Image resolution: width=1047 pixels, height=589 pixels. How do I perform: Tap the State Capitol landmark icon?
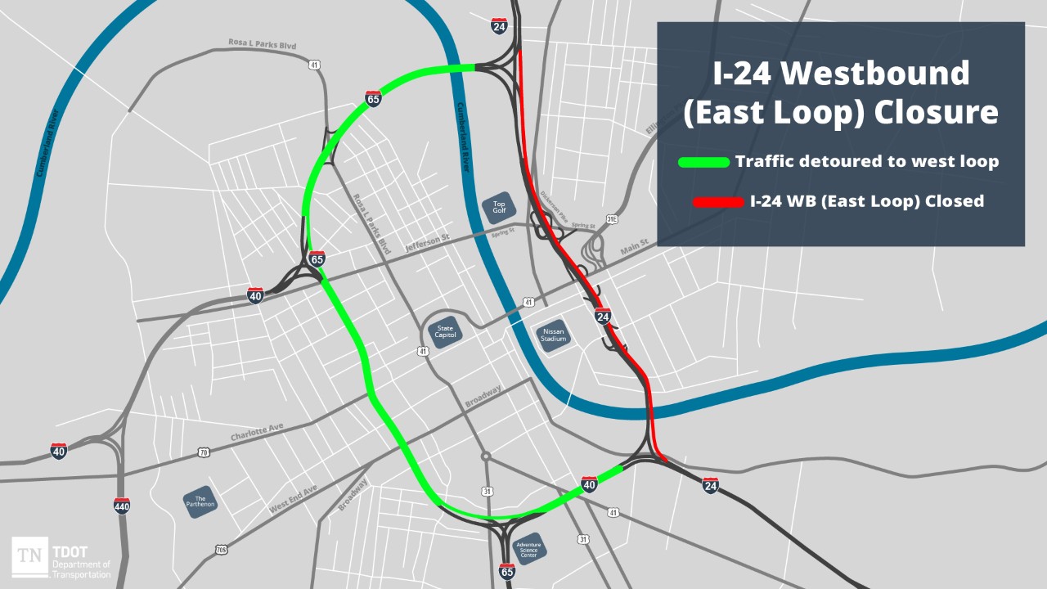445,333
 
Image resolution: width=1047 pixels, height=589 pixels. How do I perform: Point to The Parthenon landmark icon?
200,502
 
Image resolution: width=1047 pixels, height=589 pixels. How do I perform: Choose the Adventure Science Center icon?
528,549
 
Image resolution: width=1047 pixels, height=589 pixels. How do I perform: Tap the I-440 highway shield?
122,506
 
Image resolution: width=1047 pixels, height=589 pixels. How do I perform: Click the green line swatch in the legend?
703,162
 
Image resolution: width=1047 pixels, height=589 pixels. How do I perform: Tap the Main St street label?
633,243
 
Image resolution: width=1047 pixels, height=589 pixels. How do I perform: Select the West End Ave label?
292,499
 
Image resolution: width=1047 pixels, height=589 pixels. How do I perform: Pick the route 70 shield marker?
203,452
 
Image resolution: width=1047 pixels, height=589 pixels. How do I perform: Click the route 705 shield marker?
222,551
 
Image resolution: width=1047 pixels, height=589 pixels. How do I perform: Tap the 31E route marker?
612,219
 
